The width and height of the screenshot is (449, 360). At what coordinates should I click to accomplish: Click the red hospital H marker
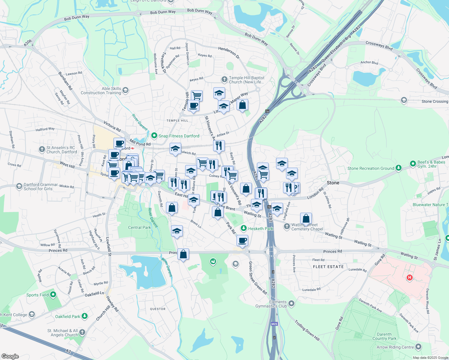point(409,277)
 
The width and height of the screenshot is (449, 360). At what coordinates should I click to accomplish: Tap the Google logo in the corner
point(10,356)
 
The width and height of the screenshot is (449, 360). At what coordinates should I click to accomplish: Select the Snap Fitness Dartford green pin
point(154,136)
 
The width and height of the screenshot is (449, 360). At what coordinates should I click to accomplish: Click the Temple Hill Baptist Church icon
point(224,79)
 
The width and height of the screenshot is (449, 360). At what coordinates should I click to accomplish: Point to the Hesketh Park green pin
point(244,229)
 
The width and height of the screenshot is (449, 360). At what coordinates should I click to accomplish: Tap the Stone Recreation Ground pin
point(398,168)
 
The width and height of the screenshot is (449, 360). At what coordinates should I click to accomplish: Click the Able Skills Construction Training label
point(101,91)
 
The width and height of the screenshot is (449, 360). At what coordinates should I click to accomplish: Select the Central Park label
point(139,227)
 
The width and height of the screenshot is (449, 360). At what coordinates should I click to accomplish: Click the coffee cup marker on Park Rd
point(242,240)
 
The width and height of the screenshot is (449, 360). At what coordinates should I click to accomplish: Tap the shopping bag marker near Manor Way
point(242,105)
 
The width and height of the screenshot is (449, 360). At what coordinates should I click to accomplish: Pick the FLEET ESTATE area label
point(328,267)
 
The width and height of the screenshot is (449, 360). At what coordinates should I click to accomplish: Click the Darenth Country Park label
point(384,336)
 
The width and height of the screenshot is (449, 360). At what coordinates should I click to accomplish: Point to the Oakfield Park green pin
point(85,316)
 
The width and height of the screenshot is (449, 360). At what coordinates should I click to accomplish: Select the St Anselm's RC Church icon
point(42,149)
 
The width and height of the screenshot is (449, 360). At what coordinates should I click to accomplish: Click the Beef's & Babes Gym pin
point(413,164)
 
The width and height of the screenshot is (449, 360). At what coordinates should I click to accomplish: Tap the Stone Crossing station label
point(435,101)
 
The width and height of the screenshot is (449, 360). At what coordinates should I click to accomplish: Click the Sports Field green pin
point(53,295)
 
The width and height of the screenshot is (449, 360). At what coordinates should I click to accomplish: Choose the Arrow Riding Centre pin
point(418,347)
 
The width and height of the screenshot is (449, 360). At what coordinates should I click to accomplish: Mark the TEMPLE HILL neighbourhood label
point(177,121)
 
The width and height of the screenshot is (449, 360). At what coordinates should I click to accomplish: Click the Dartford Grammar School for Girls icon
point(19,187)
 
